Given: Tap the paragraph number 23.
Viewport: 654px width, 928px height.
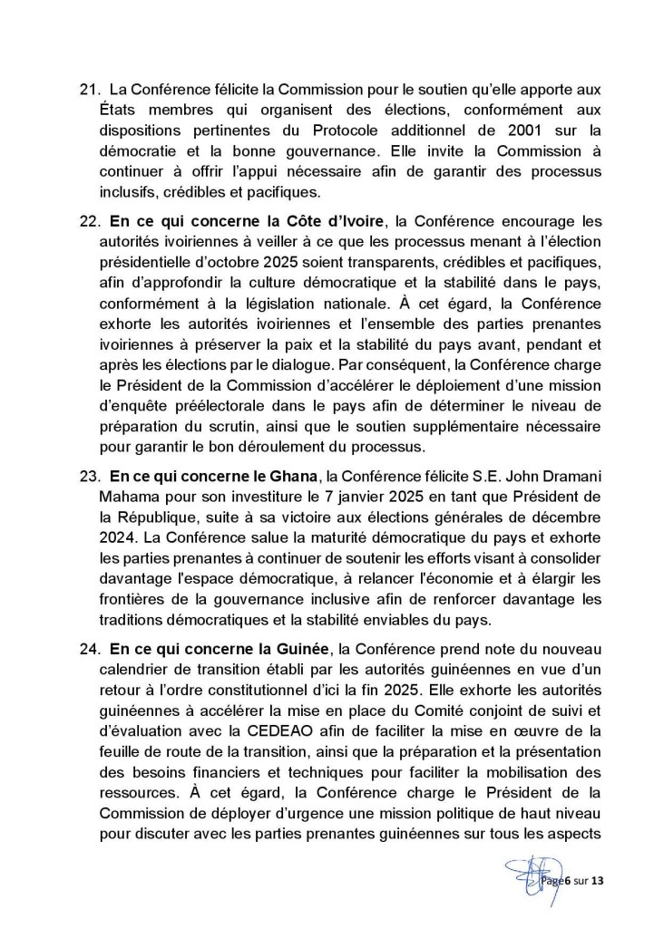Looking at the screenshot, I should [x=90, y=476].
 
